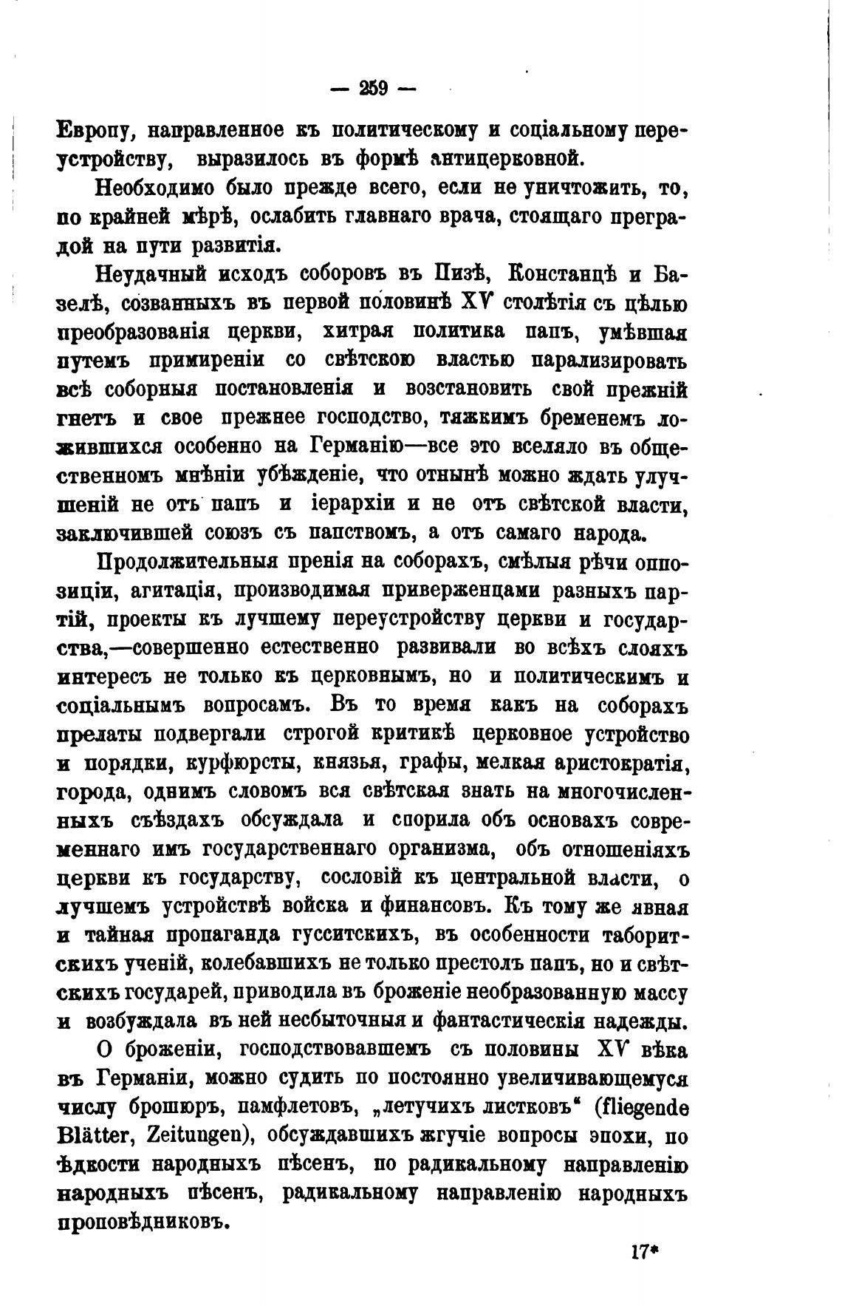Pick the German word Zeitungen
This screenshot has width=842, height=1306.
194,1136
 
